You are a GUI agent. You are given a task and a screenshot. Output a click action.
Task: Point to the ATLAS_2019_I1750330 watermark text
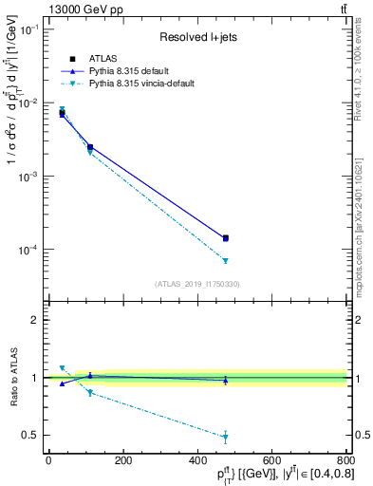(198, 284)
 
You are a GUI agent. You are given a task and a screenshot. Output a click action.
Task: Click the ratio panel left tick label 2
(35, 320)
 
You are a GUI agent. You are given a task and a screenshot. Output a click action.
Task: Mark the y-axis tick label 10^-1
(28, 29)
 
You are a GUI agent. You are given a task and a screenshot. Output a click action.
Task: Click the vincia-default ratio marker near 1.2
(62, 367)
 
